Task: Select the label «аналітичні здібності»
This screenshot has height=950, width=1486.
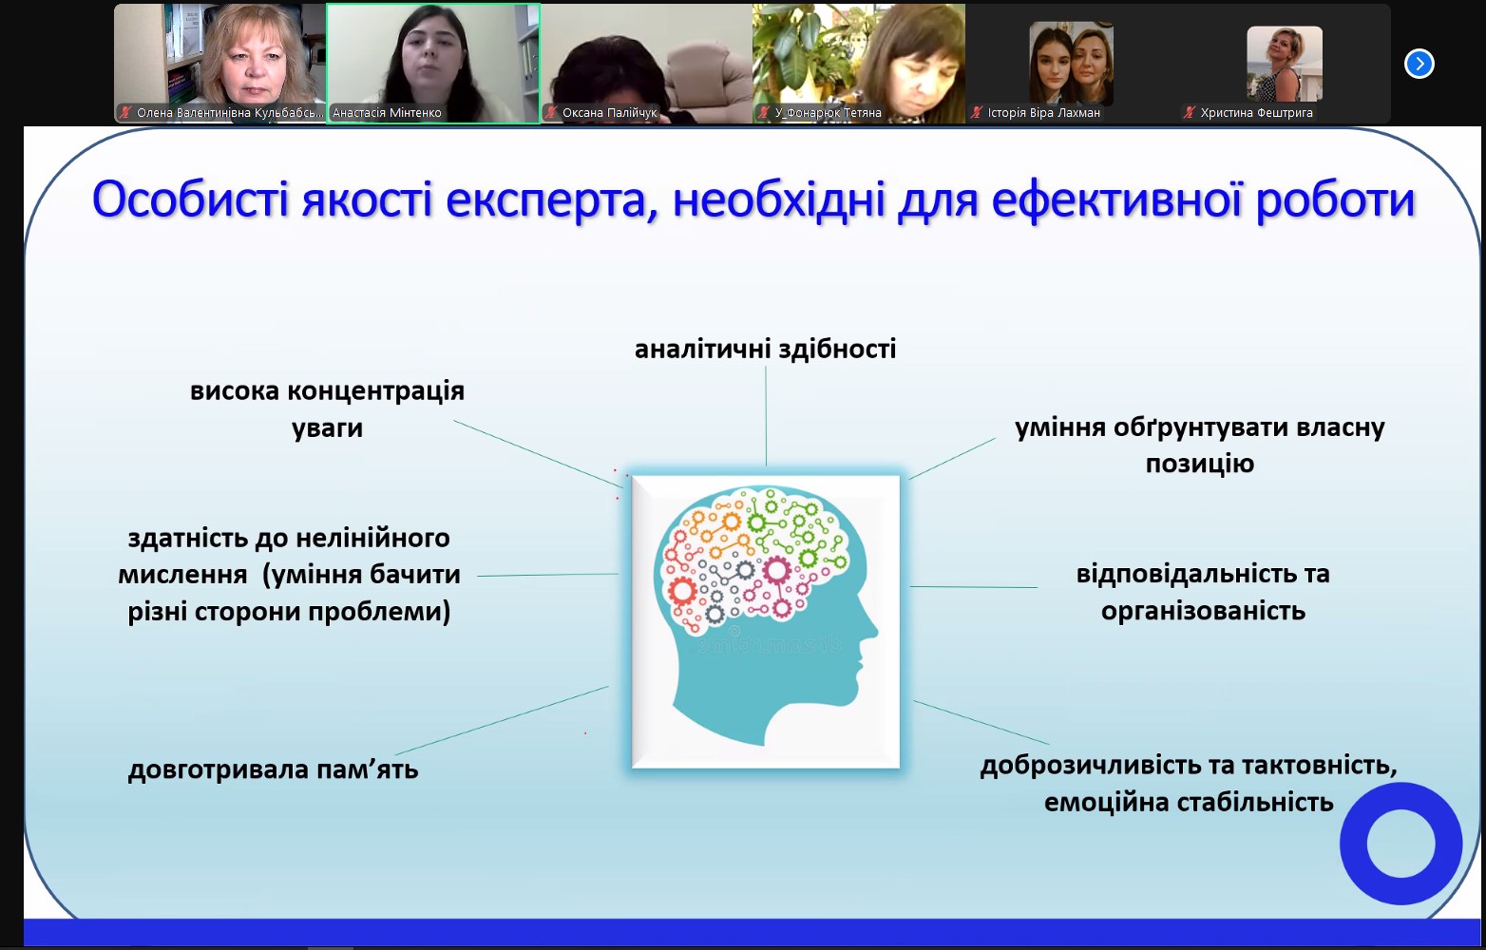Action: point(766,349)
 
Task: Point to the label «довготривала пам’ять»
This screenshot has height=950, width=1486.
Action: point(274,770)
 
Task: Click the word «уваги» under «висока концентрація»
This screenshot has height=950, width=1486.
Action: point(327,428)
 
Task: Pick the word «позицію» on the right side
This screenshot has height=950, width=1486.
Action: point(1200,464)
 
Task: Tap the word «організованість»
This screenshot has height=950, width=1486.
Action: point(1204,610)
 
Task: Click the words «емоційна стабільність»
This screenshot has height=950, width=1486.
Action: point(1189,803)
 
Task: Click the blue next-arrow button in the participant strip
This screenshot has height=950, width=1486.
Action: point(1419,64)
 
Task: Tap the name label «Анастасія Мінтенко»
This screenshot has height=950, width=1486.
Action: point(387,113)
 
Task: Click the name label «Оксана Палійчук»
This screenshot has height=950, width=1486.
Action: point(610,113)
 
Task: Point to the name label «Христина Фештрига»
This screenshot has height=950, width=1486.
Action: point(1256,113)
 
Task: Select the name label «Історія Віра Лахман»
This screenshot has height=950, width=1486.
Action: point(1043,113)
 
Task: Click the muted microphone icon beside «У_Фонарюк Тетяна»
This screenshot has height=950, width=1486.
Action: point(764,113)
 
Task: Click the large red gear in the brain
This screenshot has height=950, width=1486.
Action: point(682,591)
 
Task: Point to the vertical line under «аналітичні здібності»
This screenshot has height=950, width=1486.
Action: point(766,416)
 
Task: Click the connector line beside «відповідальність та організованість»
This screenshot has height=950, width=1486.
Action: point(973,586)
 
